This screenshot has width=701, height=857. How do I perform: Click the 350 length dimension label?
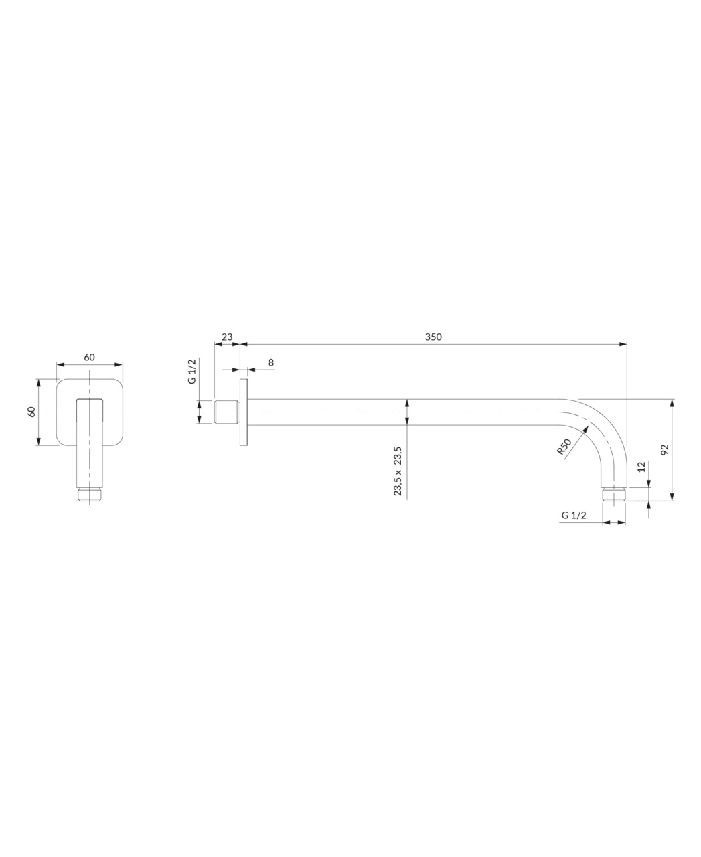tap(433, 337)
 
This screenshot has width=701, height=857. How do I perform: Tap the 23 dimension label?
tap(227, 337)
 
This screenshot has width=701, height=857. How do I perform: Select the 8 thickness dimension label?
tap(271, 362)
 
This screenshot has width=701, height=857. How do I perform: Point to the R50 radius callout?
tap(564, 447)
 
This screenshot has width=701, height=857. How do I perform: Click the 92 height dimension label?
tap(665, 450)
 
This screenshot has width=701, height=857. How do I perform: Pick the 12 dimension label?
tap(641, 467)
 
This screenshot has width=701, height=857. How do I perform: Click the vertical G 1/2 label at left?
tap(191, 371)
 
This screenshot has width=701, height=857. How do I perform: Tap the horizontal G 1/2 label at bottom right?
tap(574, 516)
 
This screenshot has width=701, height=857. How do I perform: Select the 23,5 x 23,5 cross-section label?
tap(398, 471)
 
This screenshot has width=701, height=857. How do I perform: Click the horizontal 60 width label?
tap(90, 357)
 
